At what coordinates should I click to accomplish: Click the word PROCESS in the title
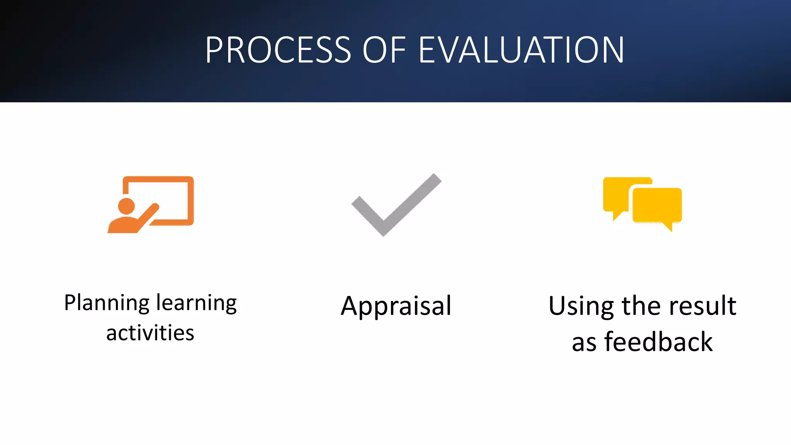pyautogui.click(x=278, y=50)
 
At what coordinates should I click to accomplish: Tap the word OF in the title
pyautogui.click(x=384, y=50)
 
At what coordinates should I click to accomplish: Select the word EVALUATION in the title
pyautogui.click(x=521, y=50)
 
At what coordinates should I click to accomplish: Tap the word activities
pyautogui.click(x=150, y=333)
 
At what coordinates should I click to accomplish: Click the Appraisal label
pyautogui.click(x=396, y=306)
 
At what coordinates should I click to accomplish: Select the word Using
pyautogui.click(x=581, y=306)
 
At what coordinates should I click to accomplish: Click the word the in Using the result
pyautogui.click(x=641, y=306)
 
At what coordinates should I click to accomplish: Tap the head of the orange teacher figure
pyautogui.click(x=126, y=206)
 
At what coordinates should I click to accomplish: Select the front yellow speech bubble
pyautogui.click(x=657, y=205)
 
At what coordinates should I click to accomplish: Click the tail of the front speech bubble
pyautogui.click(x=668, y=226)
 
